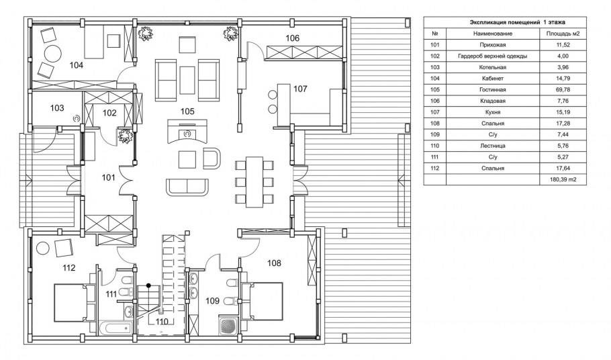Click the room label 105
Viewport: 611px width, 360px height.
click(187, 111)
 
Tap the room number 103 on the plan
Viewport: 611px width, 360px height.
click(57, 108)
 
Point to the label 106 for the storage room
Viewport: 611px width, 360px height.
click(292, 38)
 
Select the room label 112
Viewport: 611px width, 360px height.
click(69, 268)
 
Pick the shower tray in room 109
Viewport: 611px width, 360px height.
click(227, 326)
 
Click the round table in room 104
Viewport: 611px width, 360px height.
click(52, 53)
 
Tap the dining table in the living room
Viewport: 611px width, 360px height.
click(254, 182)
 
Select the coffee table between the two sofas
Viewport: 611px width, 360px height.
click(187, 79)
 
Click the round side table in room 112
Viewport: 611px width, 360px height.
click(42, 248)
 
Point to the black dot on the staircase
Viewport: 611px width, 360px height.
click(148, 285)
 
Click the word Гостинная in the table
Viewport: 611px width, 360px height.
click(493, 89)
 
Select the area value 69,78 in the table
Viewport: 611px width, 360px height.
click(563, 89)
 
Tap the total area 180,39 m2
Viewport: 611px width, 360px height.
click(563, 179)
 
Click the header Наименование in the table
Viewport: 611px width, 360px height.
click(493, 34)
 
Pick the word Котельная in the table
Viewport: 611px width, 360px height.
click(493, 67)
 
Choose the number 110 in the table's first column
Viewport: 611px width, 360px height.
click(435, 146)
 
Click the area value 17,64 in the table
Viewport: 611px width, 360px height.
click(563, 169)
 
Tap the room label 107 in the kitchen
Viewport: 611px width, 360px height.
click(300, 89)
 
